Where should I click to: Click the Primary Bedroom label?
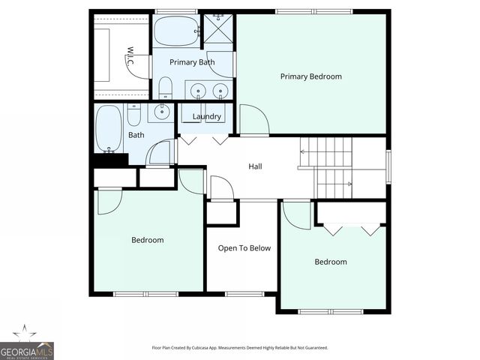click(x=310, y=76)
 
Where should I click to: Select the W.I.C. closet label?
click(x=129, y=58)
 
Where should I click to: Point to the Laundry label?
click(x=206, y=116)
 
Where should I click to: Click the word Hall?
click(x=255, y=166)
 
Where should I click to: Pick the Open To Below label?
click(x=244, y=248)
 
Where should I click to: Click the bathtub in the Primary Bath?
click(x=177, y=31)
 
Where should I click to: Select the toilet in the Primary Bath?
click(x=164, y=88)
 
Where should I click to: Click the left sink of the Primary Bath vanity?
click(x=199, y=91)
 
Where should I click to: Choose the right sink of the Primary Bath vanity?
click(x=220, y=91)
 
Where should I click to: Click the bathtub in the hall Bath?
click(x=109, y=128)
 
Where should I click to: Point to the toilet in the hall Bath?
click(x=133, y=115)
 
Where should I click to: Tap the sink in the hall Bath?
click(x=160, y=112)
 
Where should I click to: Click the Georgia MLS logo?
click(x=27, y=346)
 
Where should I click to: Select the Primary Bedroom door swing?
click(x=251, y=120)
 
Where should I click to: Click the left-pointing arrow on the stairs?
click(x=304, y=152)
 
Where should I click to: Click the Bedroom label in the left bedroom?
click(x=147, y=240)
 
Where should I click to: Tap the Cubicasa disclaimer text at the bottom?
click(x=240, y=348)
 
